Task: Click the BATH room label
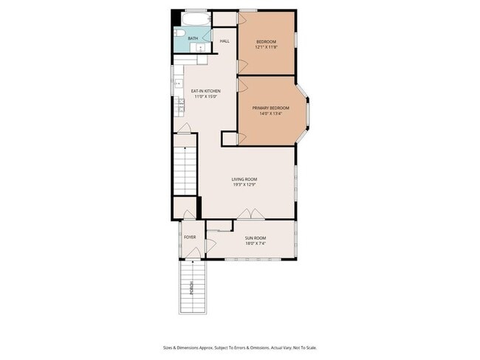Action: (x=193, y=38)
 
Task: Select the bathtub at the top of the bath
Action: (x=196, y=20)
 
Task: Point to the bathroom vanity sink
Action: (x=200, y=47)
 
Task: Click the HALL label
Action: (x=224, y=41)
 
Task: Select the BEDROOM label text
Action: (x=266, y=41)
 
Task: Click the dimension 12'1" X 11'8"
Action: (x=266, y=46)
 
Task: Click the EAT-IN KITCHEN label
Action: (x=207, y=91)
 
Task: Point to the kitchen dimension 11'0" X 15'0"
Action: (x=207, y=97)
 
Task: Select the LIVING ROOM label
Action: (x=244, y=179)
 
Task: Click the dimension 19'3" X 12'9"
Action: (x=244, y=185)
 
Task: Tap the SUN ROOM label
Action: (x=255, y=238)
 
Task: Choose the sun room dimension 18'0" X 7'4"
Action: (x=255, y=243)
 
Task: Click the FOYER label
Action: (x=190, y=238)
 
